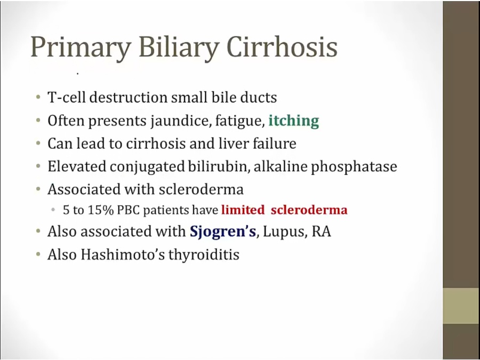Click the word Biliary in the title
179,48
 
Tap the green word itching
293,121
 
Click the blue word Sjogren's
222,231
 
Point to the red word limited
243,210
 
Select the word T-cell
67,98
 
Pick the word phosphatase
354,167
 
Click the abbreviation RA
322,231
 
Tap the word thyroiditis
204,255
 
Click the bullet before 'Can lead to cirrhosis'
38,143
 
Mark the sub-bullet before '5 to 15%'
53,210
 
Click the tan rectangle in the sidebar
461,306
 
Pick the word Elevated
77,166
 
